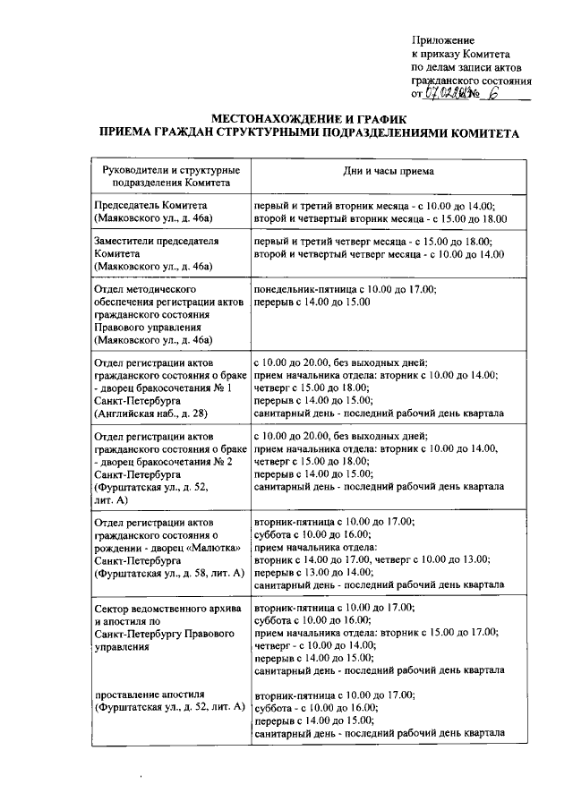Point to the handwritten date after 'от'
point(450,92)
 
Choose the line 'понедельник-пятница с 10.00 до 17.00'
point(345,290)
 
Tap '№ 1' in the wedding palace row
point(224,388)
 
